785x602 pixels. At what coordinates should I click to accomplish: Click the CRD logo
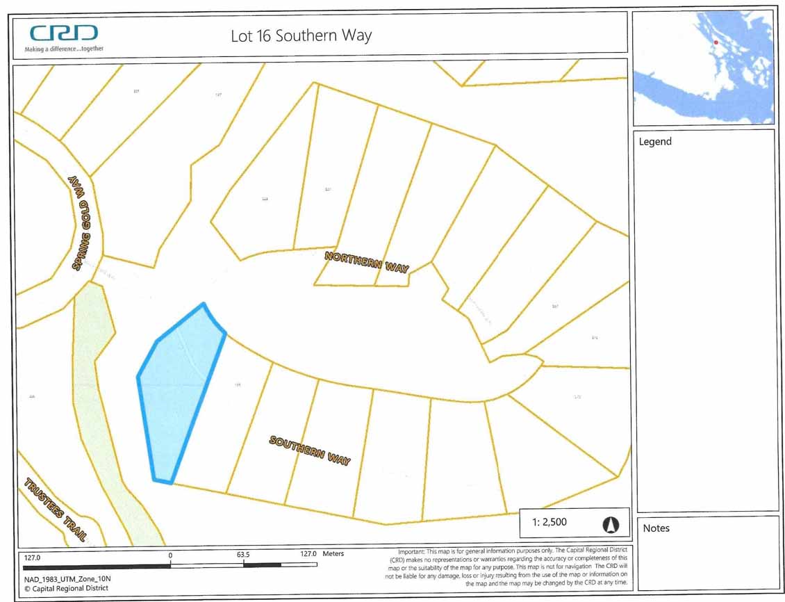coord(63,33)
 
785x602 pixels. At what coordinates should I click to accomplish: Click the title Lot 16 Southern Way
coord(301,36)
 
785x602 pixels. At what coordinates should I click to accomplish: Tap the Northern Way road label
coord(367,262)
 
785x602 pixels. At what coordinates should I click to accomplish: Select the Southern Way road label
coord(310,451)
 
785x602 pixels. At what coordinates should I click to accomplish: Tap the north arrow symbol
coord(611,524)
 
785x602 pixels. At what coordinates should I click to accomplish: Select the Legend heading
coord(655,142)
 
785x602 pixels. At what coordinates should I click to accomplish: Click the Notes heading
coord(656,528)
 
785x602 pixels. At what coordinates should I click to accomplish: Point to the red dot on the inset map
coord(716,43)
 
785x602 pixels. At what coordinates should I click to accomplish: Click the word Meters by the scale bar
coord(333,554)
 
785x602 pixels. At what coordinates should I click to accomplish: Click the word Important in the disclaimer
coord(411,551)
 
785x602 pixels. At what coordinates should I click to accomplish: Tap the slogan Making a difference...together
coord(64,49)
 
